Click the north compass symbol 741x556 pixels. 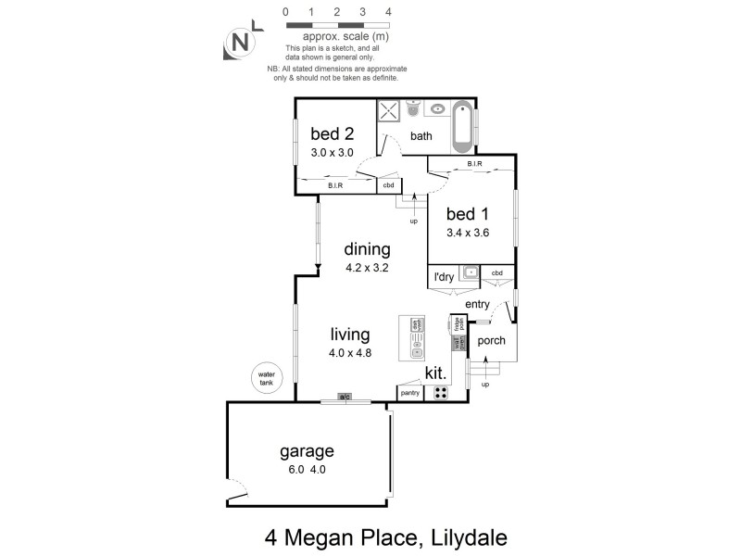[240, 42]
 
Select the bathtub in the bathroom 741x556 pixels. [463, 128]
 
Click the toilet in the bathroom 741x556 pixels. [414, 110]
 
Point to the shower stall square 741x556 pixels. [389, 112]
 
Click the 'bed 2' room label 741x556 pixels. [332, 132]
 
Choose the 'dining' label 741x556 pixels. [367, 248]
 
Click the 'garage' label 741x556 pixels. [307, 451]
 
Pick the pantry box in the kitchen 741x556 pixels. [409, 393]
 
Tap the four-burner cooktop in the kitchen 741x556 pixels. [441, 392]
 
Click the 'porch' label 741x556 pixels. [492, 340]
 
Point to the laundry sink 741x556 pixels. [470, 272]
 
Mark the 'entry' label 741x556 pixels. [478, 304]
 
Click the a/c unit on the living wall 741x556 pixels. [344, 398]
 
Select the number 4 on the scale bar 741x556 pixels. [388, 12]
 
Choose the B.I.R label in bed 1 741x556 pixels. [474, 164]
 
